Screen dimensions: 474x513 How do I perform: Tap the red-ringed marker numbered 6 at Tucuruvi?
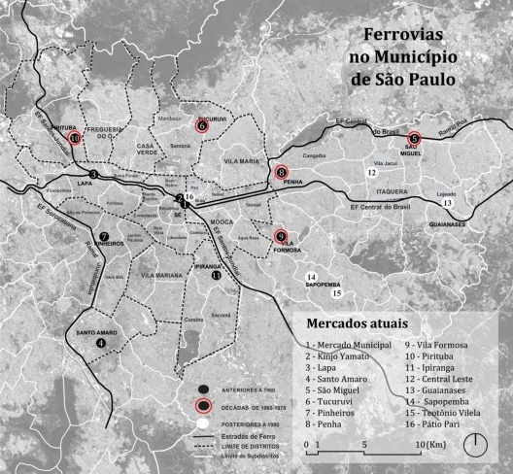202,125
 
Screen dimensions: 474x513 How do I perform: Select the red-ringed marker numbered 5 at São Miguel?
414,138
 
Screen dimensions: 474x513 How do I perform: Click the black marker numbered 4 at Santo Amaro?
101,341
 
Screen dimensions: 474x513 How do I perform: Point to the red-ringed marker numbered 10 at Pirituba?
75,138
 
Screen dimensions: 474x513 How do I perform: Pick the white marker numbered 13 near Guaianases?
447,203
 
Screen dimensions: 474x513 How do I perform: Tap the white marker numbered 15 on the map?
337,292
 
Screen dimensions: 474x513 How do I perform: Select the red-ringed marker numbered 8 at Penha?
281,173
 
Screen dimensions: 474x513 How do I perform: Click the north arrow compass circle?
477,445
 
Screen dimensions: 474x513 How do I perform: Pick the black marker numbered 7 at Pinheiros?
104,236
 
